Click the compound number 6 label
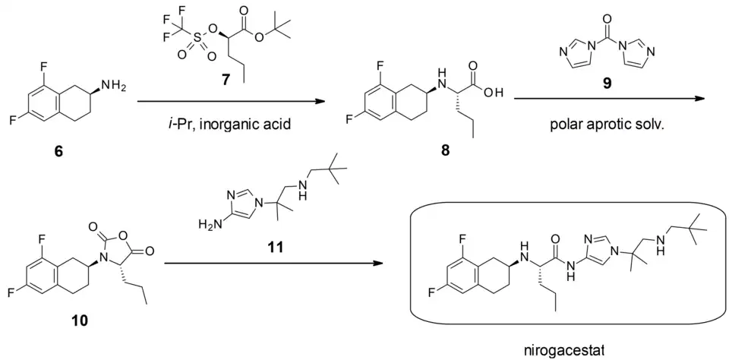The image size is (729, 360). [58, 152]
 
